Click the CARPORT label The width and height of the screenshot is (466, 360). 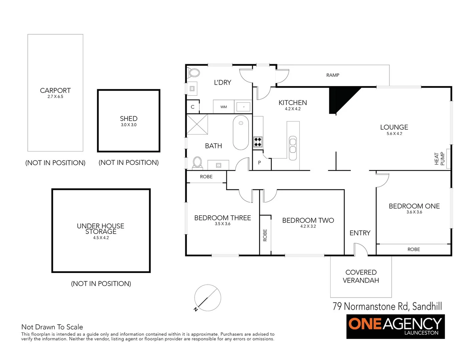pyautogui.click(x=55, y=91)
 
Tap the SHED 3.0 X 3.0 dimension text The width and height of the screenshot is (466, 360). pyautogui.click(x=128, y=125)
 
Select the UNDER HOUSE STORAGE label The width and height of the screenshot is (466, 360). pyautogui.click(x=100, y=229)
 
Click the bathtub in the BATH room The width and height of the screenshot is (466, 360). pyautogui.click(x=241, y=133)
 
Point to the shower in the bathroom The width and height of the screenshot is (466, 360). pyautogui.click(x=197, y=124)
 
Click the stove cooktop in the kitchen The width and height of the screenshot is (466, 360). pyautogui.click(x=258, y=142)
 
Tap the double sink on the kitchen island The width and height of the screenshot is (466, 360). pyautogui.click(x=293, y=145)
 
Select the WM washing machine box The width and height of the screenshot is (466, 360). pyautogui.click(x=223, y=107)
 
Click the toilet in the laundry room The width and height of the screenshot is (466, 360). pyautogui.click(x=194, y=72)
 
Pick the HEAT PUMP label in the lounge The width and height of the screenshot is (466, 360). pyautogui.click(x=439, y=159)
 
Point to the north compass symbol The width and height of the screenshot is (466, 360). pyautogui.click(x=207, y=298)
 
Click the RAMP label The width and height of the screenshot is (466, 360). pyautogui.click(x=333, y=75)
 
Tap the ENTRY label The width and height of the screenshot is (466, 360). pyautogui.click(x=360, y=233)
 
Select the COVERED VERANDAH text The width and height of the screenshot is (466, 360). pyautogui.click(x=361, y=276)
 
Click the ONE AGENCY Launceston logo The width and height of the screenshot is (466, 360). pyautogui.click(x=395, y=326)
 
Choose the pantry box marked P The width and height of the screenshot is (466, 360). pyautogui.click(x=260, y=163)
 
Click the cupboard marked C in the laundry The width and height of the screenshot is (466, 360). pyautogui.click(x=192, y=107)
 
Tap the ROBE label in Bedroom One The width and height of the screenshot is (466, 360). pyautogui.click(x=414, y=249)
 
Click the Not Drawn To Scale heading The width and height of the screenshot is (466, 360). pyautogui.click(x=52, y=327)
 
